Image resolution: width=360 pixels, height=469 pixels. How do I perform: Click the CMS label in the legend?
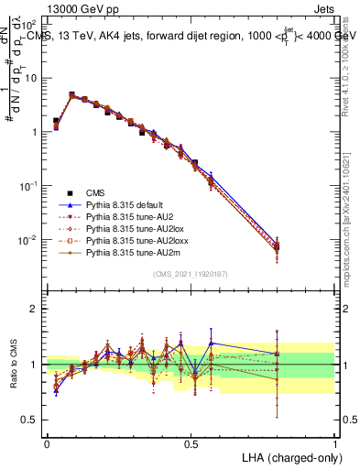[96, 192]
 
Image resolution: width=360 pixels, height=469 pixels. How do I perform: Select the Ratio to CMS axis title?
[14, 365]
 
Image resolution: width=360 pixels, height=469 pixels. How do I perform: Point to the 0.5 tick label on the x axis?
[191, 442]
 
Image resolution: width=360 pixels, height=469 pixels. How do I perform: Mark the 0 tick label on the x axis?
[47, 442]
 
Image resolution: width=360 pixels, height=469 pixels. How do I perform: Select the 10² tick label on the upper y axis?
[31, 24]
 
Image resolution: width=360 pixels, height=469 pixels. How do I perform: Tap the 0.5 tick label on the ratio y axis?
[32, 420]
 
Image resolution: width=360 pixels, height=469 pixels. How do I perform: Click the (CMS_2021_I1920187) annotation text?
[191, 274]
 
